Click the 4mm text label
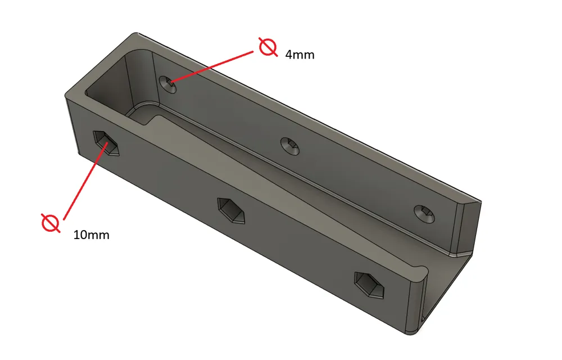point(300,55)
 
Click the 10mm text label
point(91,235)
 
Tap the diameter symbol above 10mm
point(51,223)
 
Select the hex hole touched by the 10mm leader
point(106,143)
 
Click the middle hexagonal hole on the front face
point(231,210)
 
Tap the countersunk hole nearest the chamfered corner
point(425,213)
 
